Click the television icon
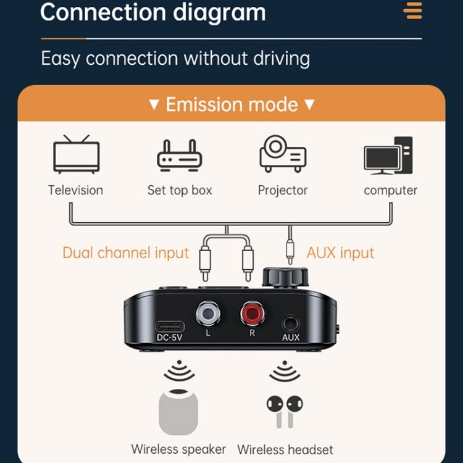coord(76,154)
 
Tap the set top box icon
coord(180,155)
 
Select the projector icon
coord(283,154)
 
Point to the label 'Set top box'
coord(180,190)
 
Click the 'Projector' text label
coord(283,190)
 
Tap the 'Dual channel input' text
coord(125,253)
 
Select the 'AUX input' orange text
coord(340,253)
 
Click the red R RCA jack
coord(252,314)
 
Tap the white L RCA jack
coord(208,314)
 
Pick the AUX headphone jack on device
coord(290,323)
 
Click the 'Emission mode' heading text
coord(231,104)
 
